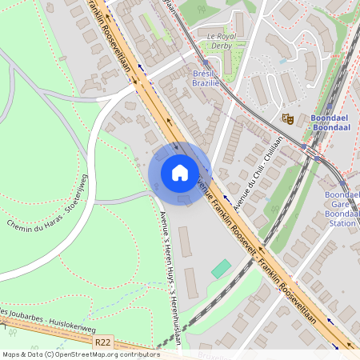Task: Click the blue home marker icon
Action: [x=180, y=173]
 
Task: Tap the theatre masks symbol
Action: [x=287, y=118]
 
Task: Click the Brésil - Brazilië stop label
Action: [x=206, y=78]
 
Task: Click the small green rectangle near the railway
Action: [x=221, y=269]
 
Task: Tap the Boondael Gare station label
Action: [x=342, y=209]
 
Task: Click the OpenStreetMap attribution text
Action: [x=80, y=354]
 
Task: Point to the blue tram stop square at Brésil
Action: [x=206, y=62]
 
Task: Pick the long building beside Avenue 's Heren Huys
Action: [x=185, y=242]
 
